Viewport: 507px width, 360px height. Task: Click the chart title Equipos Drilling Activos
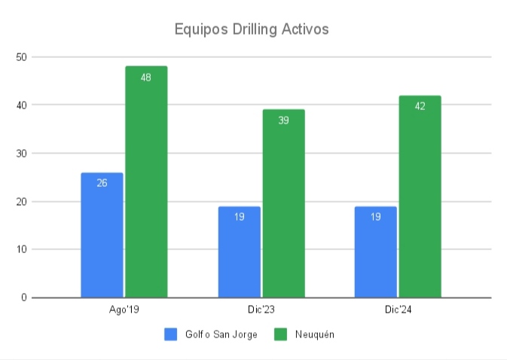pyautogui.click(x=252, y=29)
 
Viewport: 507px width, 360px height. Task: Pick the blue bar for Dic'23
pyautogui.click(x=239, y=252)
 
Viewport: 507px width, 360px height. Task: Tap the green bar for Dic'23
pyautogui.click(x=283, y=203)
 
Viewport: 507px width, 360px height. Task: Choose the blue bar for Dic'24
pyautogui.click(x=375, y=252)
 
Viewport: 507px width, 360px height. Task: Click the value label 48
pyautogui.click(x=146, y=77)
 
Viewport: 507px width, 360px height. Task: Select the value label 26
pyautogui.click(x=102, y=182)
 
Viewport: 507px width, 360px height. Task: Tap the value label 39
pyautogui.click(x=283, y=120)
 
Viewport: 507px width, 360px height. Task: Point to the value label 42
pyautogui.click(x=420, y=105)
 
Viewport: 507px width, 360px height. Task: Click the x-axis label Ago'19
pyautogui.click(x=124, y=310)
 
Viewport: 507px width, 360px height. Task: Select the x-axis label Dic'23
pyautogui.click(x=261, y=310)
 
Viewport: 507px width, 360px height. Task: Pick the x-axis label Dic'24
pyautogui.click(x=397, y=310)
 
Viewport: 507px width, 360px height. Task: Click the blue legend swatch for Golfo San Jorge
pyautogui.click(x=170, y=334)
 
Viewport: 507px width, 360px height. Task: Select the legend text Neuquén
pyautogui.click(x=314, y=334)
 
